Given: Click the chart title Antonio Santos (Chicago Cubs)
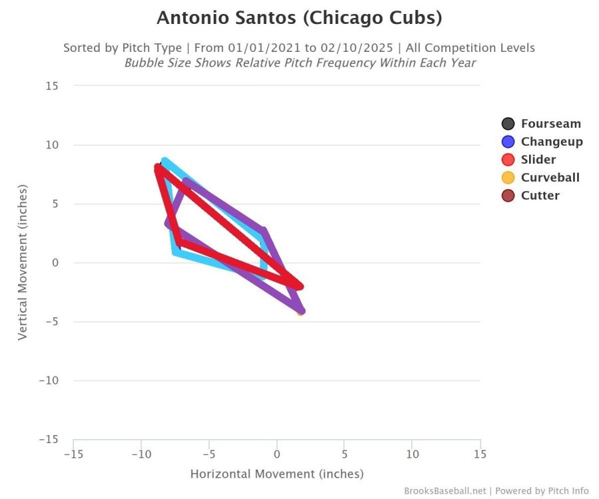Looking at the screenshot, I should point(299,18).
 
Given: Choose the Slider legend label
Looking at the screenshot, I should point(538,160).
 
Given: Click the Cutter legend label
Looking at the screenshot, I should point(540,196).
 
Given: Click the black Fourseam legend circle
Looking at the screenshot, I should point(508,124).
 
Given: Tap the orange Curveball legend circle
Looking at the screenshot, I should point(508,178).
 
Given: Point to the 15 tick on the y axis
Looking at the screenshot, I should point(52,86).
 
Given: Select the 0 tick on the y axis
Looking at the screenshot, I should point(55,263).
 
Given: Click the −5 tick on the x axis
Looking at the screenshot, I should point(208,454).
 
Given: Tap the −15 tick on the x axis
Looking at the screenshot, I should point(73,454).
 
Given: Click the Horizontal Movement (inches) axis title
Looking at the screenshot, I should point(277,474).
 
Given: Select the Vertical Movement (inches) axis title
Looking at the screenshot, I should point(23,263).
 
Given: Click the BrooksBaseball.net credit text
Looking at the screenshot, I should point(445,491).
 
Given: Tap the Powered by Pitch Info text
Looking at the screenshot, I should point(542,491).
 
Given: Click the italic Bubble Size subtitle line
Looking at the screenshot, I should point(299,63).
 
